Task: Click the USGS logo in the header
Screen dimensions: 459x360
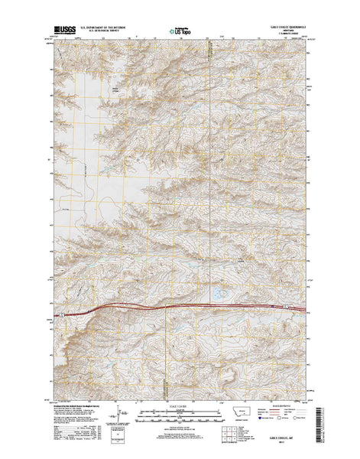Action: (x=64, y=31)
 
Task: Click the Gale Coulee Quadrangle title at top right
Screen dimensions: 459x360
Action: (x=287, y=28)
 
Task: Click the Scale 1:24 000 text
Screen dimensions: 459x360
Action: (x=179, y=405)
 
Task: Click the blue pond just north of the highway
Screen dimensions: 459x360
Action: (x=217, y=294)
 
